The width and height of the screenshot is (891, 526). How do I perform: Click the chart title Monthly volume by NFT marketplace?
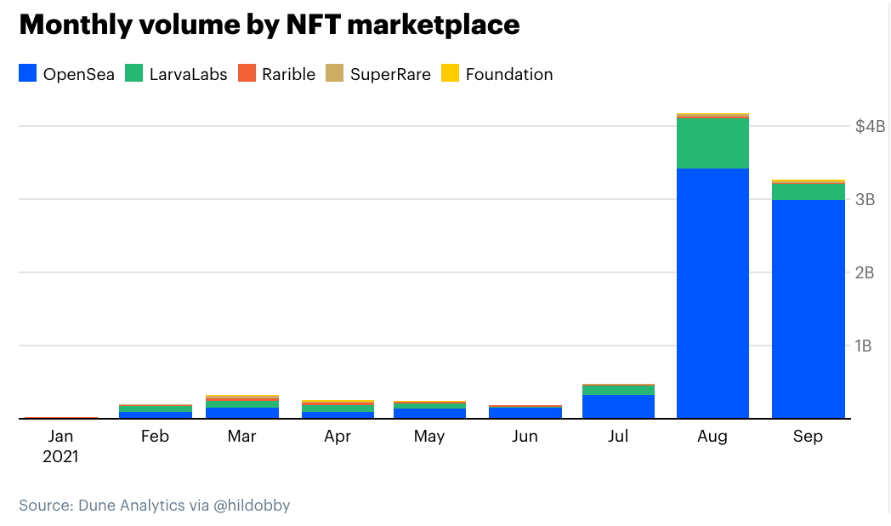pyautogui.click(x=269, y=25)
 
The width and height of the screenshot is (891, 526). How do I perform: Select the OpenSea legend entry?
pyautogui.click(x=67, y=74)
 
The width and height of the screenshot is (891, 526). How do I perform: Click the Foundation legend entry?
pyautogui.click(x=497, y=74)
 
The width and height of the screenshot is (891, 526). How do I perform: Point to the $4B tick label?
pyautogui.click(x=870, y=127)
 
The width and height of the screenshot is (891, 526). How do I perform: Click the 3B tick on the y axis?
pyautogui.click(x=865, y=200)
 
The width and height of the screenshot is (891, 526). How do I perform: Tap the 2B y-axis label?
pyautogui.click(x=865, y=273)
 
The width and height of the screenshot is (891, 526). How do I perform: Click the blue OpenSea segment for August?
pyautogui.click(x=712, y=294)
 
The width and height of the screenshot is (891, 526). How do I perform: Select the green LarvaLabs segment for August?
pyautogui.click(x=712, y=144)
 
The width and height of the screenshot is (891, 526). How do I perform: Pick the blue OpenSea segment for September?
pyautogui.click(x=808, y=309)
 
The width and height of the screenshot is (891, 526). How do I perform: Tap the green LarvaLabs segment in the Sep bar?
pyautogui.click(x=808, y=192)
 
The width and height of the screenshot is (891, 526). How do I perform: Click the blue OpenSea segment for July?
pyautogui.click(x=618, y=406)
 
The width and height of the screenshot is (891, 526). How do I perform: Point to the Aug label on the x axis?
pyautogui.click(x=712, y=437)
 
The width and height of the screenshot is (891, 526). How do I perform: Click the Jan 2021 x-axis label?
pyautogui.click(x=60, y=446)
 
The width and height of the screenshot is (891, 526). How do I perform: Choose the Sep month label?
pyautogui.click(x=808, y=437)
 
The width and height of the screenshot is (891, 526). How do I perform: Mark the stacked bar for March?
pyautogui.click(x=242, y=408)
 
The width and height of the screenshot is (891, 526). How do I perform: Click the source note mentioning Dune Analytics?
pyautogui.click(x=155, y=506)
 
